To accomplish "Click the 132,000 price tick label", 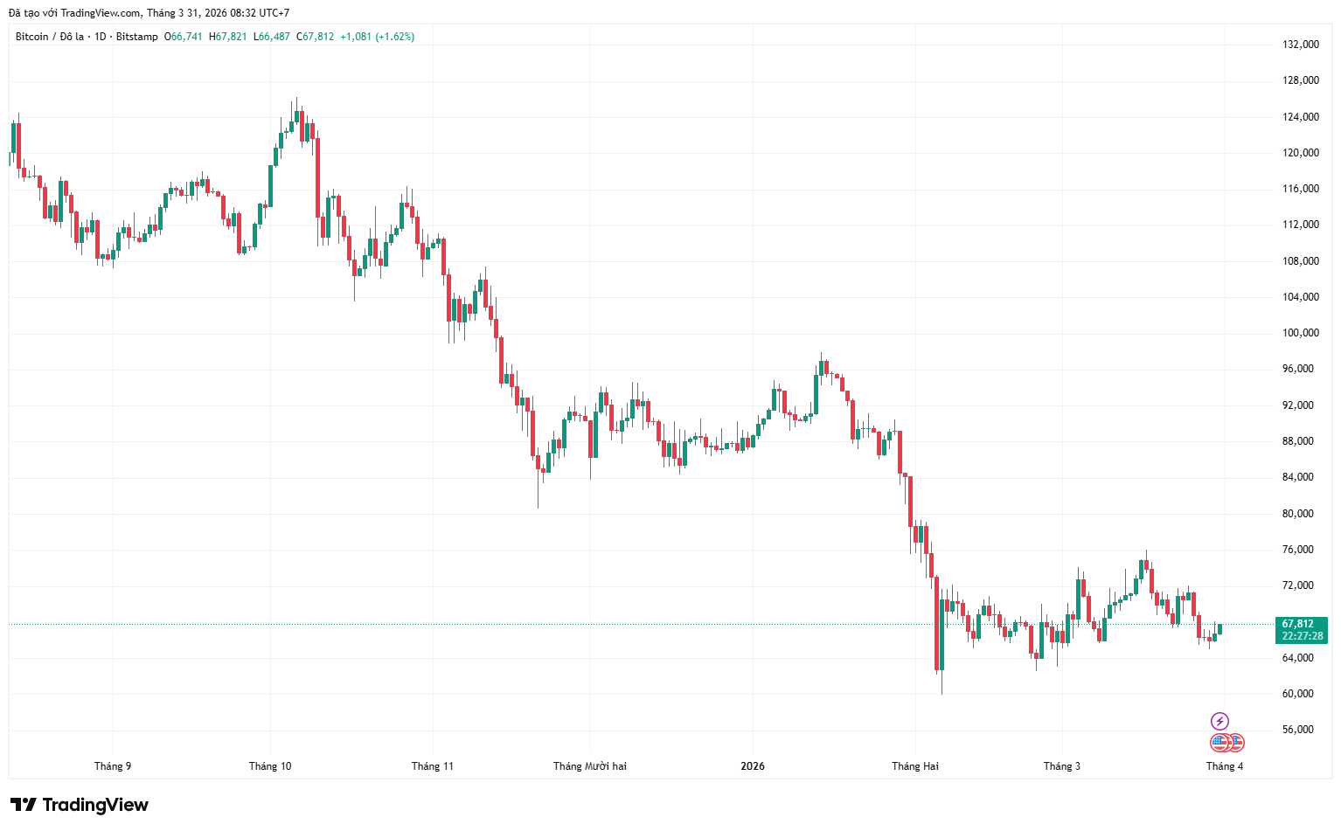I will [1300, 45].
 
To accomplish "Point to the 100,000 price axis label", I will [1300, 333].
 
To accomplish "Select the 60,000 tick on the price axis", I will [1298, 694].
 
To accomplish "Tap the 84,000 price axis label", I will [1298, 477].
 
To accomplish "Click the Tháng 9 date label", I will [113, 766].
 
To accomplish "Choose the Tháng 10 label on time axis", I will [270, 766].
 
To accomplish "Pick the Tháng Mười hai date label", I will [590, 766].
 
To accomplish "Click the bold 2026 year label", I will [753, 766].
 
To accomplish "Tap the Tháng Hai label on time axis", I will [915, 766].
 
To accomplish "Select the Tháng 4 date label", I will [1225, 766].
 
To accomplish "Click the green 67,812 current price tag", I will [1298, 624].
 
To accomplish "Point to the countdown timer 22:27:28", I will [1303, 636].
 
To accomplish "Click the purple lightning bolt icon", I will [1219, 721].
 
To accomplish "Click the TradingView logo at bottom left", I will [80, 805].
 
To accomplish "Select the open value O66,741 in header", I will [184, 37].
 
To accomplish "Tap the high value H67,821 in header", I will [228, 37].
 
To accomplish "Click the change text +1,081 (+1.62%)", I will [377, 37].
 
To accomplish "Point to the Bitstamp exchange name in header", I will [137, 37].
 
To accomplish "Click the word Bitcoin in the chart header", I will [32, 37].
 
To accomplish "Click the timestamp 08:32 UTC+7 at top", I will [256, 13].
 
